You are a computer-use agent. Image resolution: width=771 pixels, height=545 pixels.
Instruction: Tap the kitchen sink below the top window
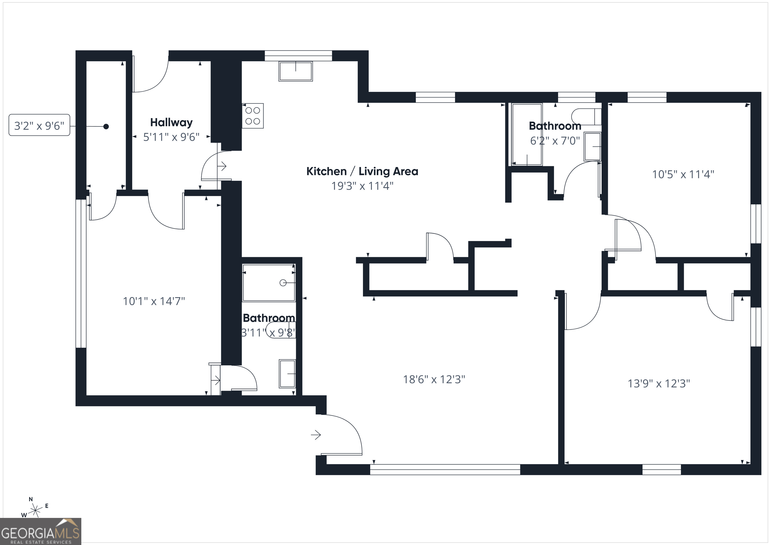tap(295, 71)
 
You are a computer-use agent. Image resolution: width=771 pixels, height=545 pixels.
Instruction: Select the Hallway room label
tap(171, 122)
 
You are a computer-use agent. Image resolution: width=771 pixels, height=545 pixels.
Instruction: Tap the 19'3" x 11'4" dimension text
tap(362, 186)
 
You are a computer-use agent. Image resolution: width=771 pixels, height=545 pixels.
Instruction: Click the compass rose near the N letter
tap(35, 511)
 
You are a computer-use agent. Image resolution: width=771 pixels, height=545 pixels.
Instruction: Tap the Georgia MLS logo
tap(40, 531)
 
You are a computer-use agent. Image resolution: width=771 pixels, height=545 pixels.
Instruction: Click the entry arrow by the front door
tap(316, 435)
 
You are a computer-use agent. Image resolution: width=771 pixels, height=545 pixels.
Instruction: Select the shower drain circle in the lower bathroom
tap(283, 283)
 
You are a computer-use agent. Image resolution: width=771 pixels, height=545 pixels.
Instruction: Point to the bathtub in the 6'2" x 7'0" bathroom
tap(527, 134)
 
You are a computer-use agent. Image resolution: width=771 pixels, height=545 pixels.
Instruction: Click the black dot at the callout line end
tap(106, 126)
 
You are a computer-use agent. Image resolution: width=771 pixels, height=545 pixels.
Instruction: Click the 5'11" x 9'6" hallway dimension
tap(171, 137)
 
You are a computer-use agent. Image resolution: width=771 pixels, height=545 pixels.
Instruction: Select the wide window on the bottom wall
tap(445, 470)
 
